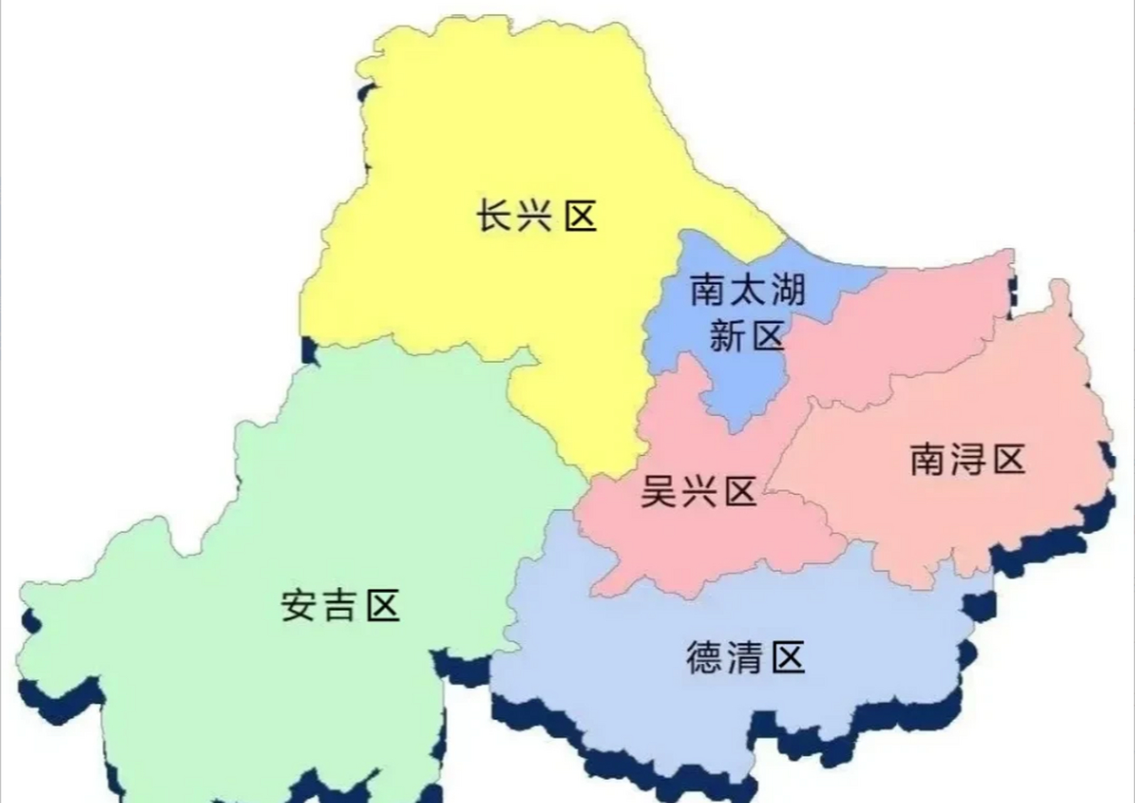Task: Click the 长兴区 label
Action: [536, 216]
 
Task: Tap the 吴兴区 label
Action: [698, 491]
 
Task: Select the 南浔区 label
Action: [968, 459]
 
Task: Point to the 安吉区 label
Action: [340, 606]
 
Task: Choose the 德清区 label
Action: [746, 657]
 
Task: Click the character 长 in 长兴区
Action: [494, 216]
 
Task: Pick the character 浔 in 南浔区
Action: [968, 459]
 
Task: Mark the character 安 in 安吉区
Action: [298, 606]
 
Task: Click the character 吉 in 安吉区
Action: [340, 606]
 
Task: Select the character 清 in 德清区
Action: [746, 657]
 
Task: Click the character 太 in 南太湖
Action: [747, 290]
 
